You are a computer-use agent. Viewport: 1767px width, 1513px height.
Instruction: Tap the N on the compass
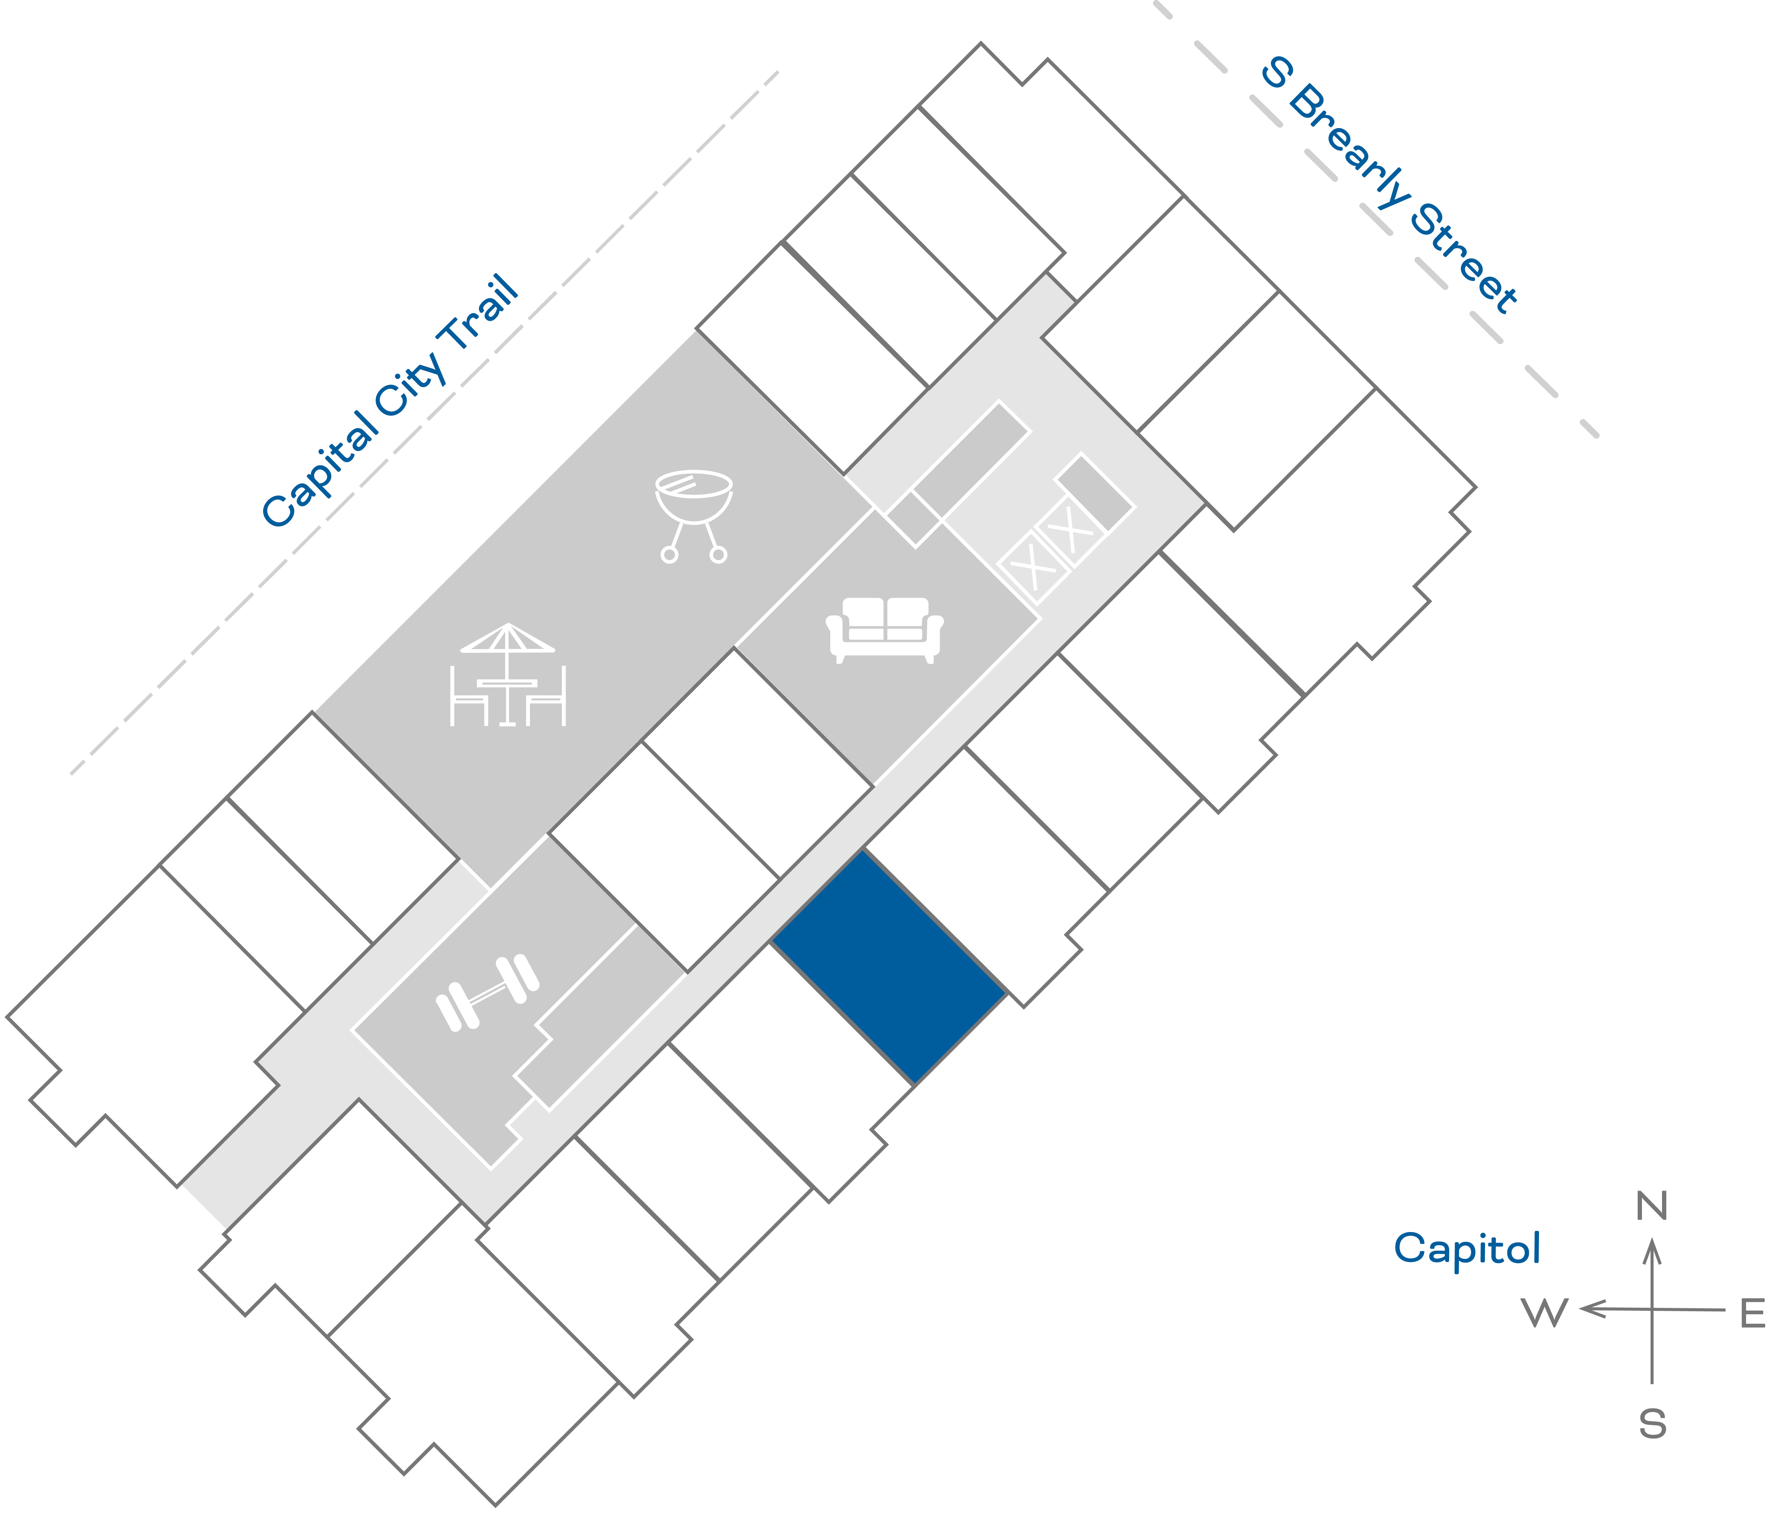1652,1206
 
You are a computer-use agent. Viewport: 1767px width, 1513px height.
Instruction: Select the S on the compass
1652,1423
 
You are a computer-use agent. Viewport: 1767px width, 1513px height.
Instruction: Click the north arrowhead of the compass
1652,1252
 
